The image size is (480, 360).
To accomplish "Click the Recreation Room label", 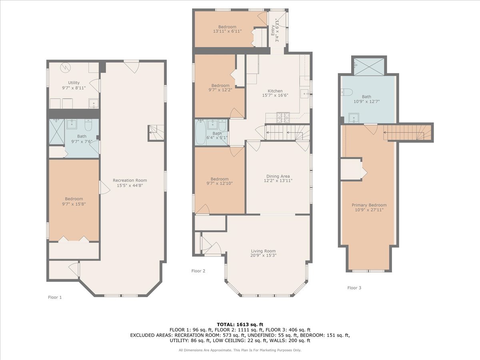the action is tap(130, 180).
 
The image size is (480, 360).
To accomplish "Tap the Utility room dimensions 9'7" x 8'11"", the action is tap(74, 88).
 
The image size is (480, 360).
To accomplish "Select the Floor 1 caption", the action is tap(55, 297).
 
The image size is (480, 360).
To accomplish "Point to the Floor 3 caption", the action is tap(354, 288).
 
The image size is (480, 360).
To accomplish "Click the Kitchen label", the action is tap(275, 91).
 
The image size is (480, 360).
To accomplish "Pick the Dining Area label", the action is tap(278, 176).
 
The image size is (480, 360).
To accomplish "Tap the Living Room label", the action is tap(263, 251).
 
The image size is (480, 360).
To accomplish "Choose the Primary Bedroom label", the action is tap(369, 205).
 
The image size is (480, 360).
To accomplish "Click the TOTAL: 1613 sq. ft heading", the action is tap(240, 324).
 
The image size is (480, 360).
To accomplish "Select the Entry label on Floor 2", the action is tap(273, 30).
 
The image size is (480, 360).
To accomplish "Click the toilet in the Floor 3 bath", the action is tap(347, 92).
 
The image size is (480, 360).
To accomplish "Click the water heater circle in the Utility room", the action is tap(66, 68).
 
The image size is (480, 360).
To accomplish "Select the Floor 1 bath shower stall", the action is tap(57, 132).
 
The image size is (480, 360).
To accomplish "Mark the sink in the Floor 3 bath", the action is tap(354, 118).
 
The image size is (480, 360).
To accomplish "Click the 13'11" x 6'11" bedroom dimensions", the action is tap(227, 31).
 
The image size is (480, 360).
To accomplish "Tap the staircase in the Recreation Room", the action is tap(156, 132).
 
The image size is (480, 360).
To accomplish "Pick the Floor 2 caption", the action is tap(198, 271).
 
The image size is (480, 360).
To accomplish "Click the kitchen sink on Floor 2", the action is tap(305, 94).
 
